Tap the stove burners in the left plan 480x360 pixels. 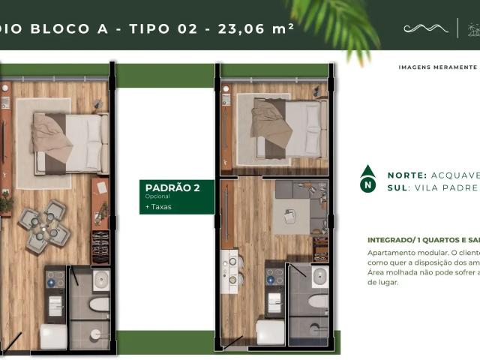55,280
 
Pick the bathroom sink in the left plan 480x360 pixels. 100,280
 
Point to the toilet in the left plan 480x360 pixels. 99,305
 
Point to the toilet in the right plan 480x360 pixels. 317,301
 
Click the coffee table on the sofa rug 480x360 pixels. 289,218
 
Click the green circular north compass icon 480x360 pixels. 367,180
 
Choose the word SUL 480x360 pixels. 397,187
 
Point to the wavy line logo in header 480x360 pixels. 426,28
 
